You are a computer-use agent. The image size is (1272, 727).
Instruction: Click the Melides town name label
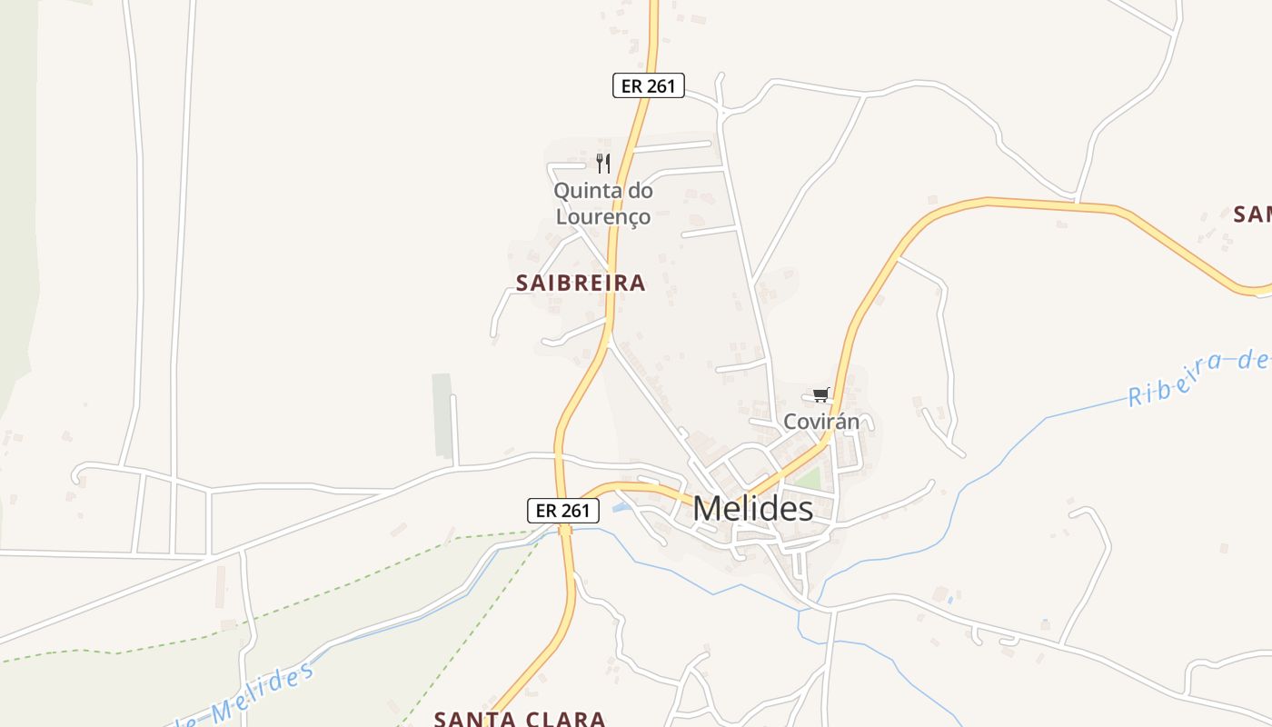click(x=752, y=509)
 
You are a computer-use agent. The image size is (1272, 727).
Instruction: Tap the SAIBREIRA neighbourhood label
click(x=581, y=283)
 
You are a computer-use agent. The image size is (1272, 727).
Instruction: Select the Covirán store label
click(x=821, y=422)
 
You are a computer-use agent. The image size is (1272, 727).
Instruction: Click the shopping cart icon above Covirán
click(x=821, y=394)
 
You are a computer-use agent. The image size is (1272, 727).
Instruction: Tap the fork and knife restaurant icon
click(x=602, y=164)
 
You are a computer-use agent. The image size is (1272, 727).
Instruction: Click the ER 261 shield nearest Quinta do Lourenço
click(x=647, y=85)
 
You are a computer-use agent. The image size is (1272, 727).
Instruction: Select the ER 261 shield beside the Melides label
click(x=563, y=511)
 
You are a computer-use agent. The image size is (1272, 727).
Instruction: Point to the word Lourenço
click(x=602, y=217)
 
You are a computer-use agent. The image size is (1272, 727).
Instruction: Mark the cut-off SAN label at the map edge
click(x=1253, y=215)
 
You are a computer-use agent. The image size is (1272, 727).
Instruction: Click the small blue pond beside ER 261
click(x=621, y=506)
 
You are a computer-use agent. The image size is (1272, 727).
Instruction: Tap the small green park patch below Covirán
click(x=807, y=479)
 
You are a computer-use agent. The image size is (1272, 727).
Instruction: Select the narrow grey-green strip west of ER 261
click(x=442, y=415)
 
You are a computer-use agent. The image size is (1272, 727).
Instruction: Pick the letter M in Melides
click(x=709, y=509)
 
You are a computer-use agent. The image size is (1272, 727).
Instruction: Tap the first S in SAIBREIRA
click(x=522, y=283)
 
